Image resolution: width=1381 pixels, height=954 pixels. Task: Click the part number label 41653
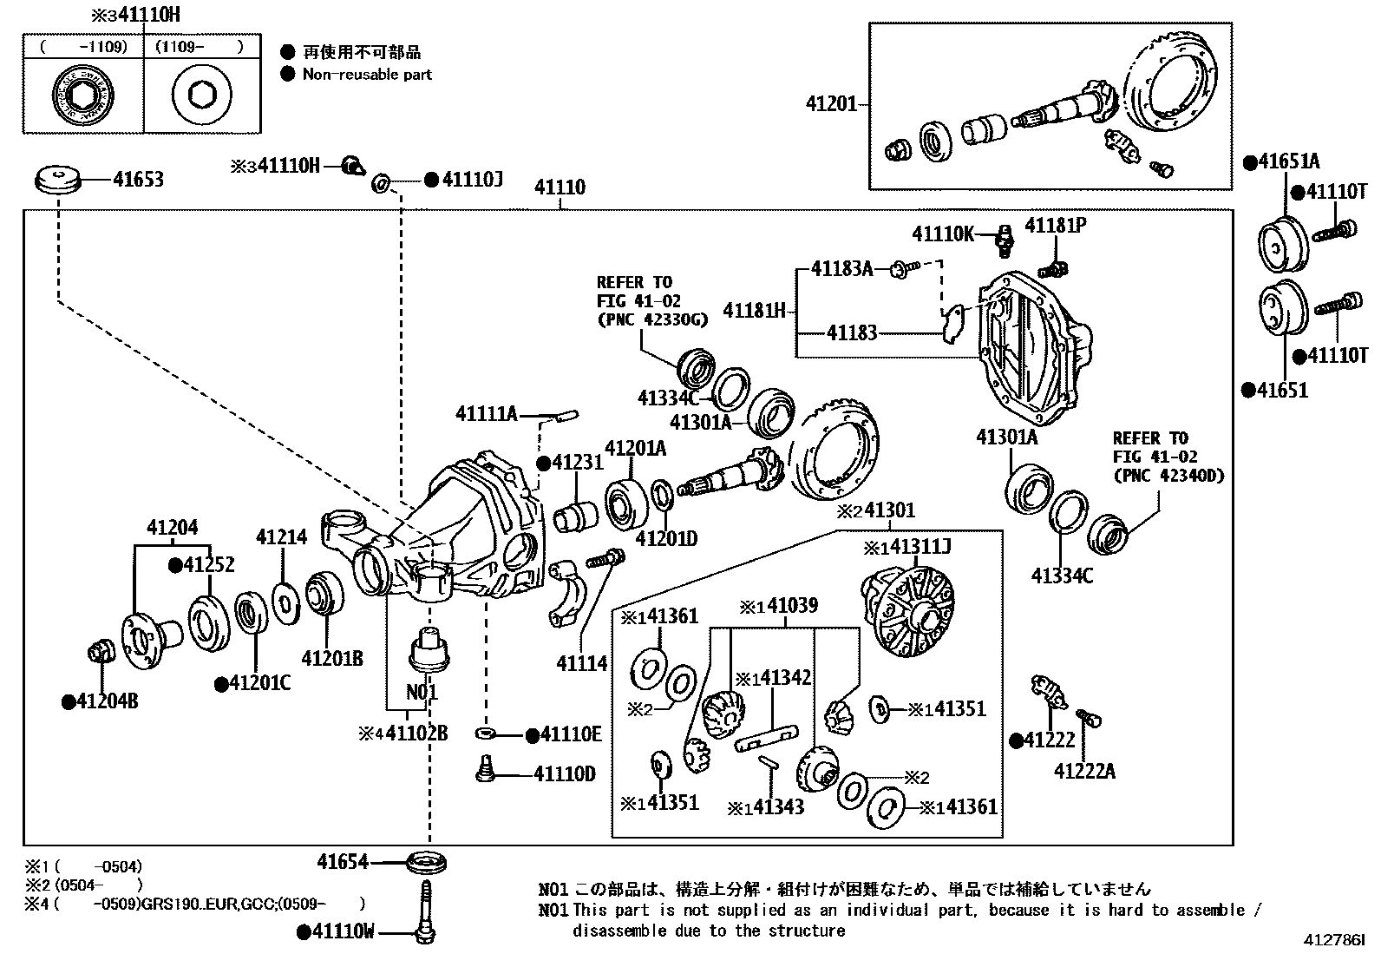coord(138,180)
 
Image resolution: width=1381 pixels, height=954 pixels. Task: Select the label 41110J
coord(472,180)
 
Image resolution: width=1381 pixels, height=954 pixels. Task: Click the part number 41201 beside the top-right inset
coord(831,104)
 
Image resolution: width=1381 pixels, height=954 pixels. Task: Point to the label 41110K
coord(943,234)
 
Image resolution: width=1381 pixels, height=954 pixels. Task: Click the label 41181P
coord(1056,226)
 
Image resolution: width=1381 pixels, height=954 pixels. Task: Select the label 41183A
coord(841,269)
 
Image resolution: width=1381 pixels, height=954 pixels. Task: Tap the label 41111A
coord(486,415)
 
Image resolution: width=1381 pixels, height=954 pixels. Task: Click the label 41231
coord(577,463)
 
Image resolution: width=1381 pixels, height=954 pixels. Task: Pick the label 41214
coord(281,537)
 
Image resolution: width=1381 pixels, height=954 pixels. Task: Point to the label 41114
coord(582,663)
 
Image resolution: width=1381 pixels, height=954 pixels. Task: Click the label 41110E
coord(570,734)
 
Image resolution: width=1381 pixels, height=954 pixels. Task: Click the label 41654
coord(343,862)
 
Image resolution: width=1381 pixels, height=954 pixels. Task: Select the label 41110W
coord(343,932)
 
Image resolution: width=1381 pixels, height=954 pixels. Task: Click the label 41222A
coord(1084,771)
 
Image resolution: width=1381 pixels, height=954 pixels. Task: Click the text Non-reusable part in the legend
coord(367,75)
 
